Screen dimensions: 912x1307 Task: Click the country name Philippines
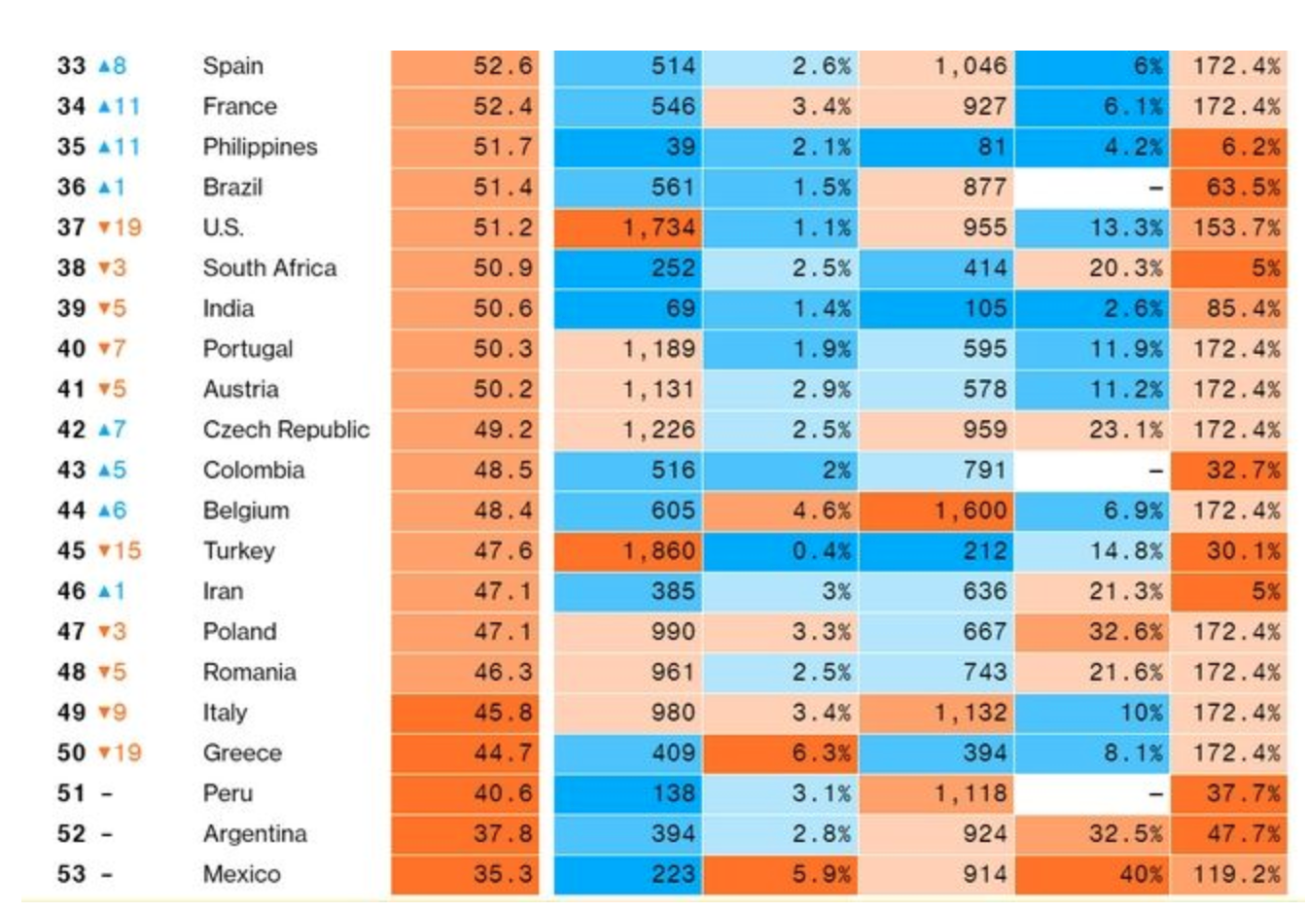260,147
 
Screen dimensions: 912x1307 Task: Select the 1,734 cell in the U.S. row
658,228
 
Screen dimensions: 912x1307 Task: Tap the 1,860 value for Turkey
658,551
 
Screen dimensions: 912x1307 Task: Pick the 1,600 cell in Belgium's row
971,510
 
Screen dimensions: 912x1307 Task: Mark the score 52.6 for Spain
503,66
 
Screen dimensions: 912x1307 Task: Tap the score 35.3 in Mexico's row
503,874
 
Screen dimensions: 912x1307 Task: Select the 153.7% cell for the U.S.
1236,228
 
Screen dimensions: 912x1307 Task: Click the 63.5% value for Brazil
1243,187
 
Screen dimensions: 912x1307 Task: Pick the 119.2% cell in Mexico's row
1236,874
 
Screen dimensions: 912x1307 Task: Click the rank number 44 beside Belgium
71,510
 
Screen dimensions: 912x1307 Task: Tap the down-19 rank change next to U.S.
120,228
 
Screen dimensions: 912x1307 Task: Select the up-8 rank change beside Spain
112,66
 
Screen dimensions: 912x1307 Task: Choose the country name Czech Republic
286,430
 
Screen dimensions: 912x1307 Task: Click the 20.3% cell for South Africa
1125,268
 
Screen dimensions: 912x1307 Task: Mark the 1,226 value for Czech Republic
658,430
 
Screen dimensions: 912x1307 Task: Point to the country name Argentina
255,834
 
